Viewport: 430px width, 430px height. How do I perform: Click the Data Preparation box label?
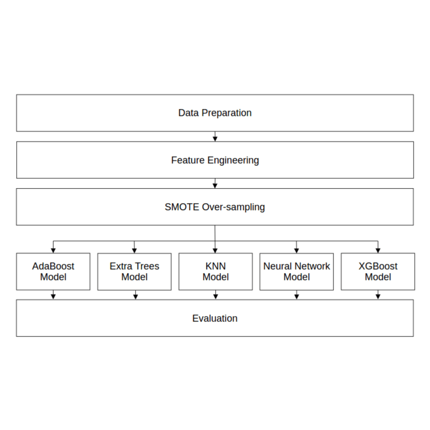(215, 113)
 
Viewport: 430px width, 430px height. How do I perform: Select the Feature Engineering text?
(215, 160)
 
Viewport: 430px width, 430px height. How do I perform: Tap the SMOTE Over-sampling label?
(215, 207)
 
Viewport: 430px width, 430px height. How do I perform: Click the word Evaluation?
(215, 318)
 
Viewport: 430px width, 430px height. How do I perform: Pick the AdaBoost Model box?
(53, 271)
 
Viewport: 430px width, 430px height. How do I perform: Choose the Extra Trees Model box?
(134, 271)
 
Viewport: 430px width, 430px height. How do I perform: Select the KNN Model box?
(215, 271)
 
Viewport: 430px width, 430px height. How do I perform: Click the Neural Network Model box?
(296, 271)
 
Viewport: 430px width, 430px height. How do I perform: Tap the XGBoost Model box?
(378, 271)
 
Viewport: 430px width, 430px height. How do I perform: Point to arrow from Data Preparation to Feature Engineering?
(215, 136)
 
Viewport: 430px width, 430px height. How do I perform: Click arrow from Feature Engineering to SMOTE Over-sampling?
(215, 184)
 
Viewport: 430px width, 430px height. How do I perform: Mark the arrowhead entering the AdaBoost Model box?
(53, 250)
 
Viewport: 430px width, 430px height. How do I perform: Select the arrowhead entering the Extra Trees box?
(134, 250)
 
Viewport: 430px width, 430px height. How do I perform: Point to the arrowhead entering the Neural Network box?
(296, 250)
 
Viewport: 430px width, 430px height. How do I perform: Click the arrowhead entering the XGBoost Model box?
(378, 250)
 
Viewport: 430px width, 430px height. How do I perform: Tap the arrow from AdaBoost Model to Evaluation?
(53, 295)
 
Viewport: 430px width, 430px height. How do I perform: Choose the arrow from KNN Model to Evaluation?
(215, 295)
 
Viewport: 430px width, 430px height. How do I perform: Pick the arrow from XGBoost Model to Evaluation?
(378, 295)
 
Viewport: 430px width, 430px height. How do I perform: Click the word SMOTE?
(182, 207)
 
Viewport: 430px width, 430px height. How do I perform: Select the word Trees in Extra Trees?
(147, 266)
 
